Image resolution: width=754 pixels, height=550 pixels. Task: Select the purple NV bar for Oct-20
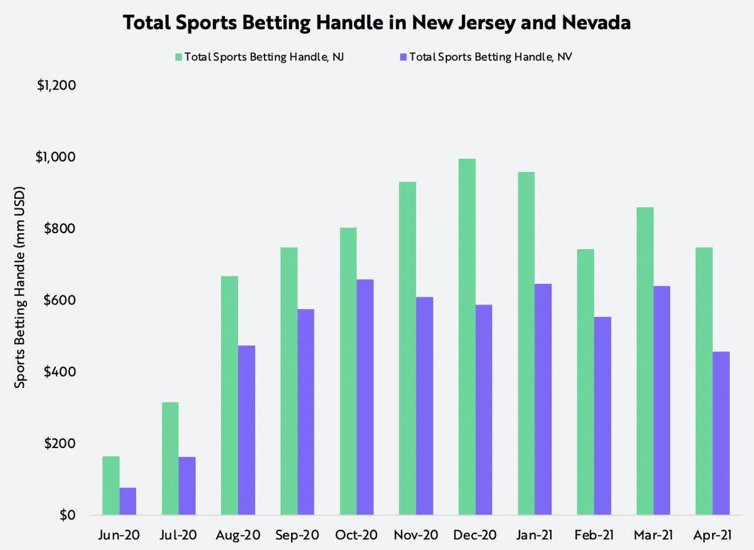(365, 397)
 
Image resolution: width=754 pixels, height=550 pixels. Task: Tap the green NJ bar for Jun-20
(111, 485)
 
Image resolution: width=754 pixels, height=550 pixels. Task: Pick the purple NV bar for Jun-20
(128, 501)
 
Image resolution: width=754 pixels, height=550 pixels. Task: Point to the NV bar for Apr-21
(720, 433)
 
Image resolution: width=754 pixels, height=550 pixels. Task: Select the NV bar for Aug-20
(246, 430)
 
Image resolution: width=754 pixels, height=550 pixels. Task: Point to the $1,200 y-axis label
(57, 85)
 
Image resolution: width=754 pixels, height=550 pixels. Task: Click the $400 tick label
(61, 372)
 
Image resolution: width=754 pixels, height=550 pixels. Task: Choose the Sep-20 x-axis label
(297, 535)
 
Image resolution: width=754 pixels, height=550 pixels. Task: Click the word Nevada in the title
(588, 22)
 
